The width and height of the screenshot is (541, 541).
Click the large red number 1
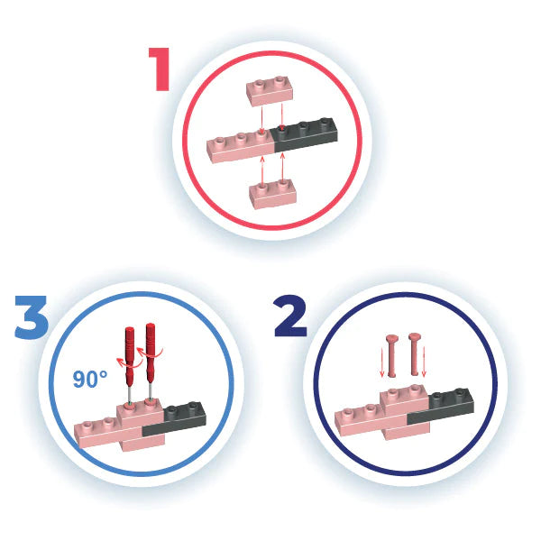pos(160,69)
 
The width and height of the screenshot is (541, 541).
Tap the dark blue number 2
pos(290,316)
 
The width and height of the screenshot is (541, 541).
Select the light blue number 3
pos(31,317)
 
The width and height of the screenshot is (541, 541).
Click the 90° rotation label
pos(90,379)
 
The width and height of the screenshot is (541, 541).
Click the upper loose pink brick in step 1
pos(270,90)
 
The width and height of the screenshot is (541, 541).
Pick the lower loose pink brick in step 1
pos(272,194)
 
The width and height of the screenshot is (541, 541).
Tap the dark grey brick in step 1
pos(306,134)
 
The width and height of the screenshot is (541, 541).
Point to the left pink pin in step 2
pos(392,355)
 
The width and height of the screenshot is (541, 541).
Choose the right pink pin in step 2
pos(415,354)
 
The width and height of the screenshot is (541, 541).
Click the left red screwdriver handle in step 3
pos(130,353)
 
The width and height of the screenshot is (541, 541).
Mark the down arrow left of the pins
pos(382,362)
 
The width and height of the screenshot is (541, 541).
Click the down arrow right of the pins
pos(424,361)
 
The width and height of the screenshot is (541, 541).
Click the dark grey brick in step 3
pos(175,420)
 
